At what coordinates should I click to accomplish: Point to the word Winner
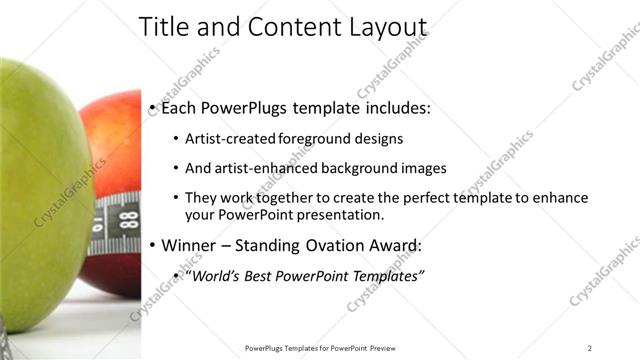coord(188,245)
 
